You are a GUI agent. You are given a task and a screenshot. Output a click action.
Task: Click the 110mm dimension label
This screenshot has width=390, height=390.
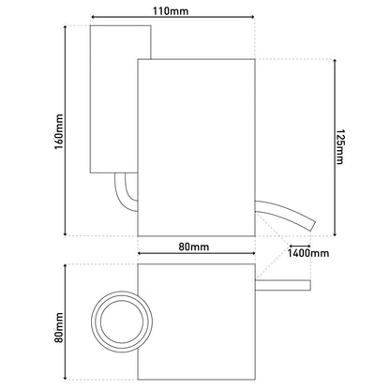click(x=171, y=11)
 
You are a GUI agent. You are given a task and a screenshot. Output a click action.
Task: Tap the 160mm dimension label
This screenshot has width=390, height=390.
click(x=59, y=132)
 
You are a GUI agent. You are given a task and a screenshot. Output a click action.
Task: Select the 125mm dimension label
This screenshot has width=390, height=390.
click(x=339, y=146)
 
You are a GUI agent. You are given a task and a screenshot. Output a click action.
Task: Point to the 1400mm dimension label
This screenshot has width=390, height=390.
click(x=308, y=253)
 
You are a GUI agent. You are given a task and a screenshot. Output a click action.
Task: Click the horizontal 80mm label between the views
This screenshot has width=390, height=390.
click(x=194, y=247)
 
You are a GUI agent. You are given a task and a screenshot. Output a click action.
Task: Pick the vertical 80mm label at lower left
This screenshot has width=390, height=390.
click(x=59, y=328)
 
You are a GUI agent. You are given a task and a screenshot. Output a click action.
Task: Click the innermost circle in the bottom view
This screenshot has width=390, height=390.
click(x=122, y=322)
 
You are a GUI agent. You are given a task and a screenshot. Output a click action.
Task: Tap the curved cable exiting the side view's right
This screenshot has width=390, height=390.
click(x=285, y=215)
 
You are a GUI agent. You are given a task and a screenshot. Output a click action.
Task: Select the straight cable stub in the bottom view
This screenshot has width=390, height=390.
click(x=283, y=285)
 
